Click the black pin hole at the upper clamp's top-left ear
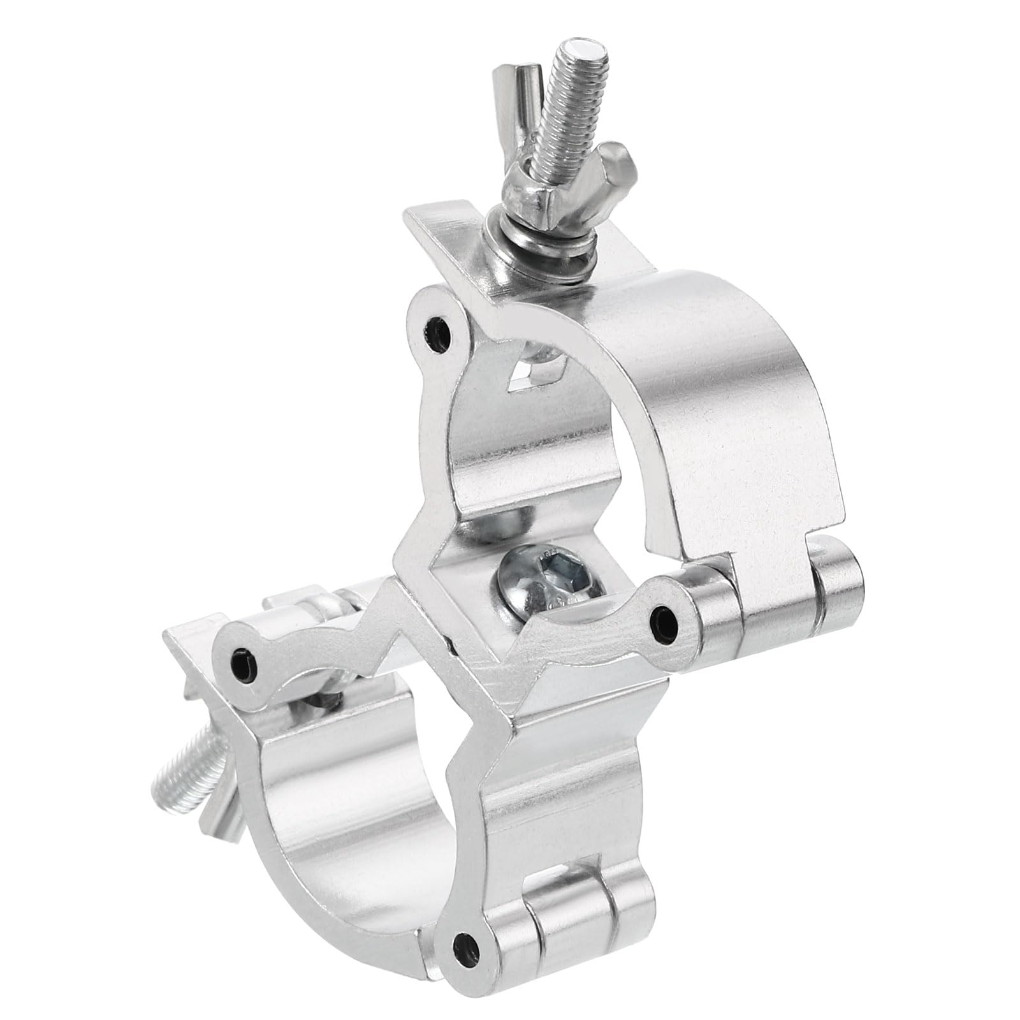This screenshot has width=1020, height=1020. [x=438, y=334]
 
